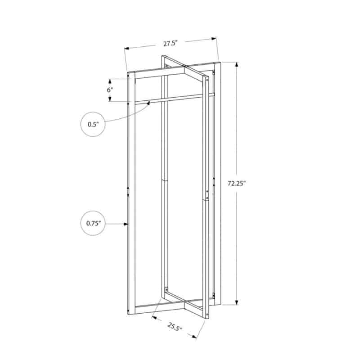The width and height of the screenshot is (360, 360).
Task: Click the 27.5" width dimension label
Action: pos(171,43)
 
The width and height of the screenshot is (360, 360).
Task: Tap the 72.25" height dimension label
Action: pos(237,183)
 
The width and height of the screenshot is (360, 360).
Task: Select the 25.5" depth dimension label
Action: pos(175,327)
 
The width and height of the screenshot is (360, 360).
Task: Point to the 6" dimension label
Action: pos(110,90)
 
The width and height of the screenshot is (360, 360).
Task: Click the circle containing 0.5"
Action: pos(93,124)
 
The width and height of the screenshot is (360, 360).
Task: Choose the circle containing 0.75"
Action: pos(93,223)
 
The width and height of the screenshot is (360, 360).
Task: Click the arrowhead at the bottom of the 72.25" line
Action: pos(237,302)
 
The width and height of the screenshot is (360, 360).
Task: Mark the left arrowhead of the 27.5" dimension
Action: pos(127,49)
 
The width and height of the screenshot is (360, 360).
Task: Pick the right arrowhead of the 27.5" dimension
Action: pos(214,39)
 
